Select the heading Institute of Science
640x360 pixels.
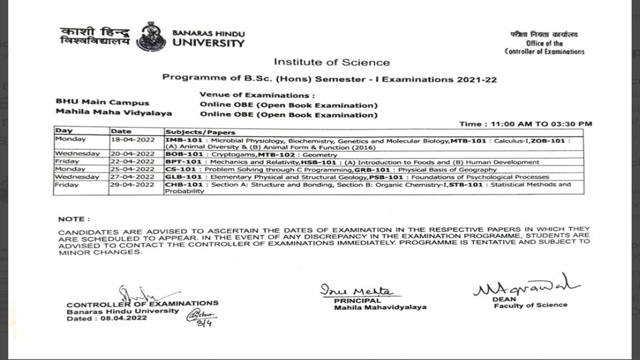[332, 62]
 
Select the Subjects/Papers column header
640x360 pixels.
[200, 132]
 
